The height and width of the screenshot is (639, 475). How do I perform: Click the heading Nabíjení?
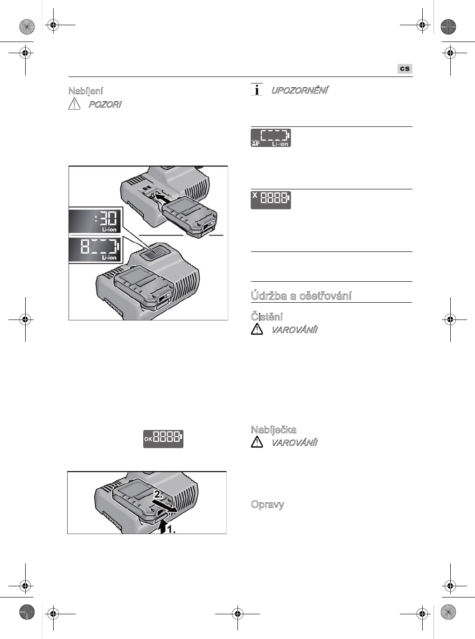pos(86,91)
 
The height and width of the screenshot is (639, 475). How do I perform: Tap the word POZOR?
pos(105,104)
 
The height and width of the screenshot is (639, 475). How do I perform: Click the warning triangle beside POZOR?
pos(74,104)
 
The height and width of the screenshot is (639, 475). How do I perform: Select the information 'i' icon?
pos(256,90)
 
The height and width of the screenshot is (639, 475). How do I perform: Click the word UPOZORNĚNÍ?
pos(300,90)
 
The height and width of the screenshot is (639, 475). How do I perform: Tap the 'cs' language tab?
pos(405,69)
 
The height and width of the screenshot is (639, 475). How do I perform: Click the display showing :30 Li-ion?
pos(95,221)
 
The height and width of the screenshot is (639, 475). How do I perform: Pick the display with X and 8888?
pos(271,200)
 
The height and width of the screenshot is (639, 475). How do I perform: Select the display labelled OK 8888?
pos(163,438)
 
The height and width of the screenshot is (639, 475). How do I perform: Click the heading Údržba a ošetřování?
pos(301,296)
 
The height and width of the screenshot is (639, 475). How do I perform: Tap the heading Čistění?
pos(267,317)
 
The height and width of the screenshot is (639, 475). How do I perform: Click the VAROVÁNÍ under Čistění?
pos(294,330)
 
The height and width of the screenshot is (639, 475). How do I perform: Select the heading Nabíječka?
pos(273,430)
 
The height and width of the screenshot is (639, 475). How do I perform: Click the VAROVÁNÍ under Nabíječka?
pos(294,443)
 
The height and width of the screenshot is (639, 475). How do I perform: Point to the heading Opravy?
pos(267,504)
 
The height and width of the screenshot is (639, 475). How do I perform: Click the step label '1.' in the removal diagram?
pos(171,529)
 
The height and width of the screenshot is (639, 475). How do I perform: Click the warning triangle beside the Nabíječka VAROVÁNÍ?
pos(257,442)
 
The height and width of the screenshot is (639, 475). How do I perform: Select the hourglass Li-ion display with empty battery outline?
pos(271,138)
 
